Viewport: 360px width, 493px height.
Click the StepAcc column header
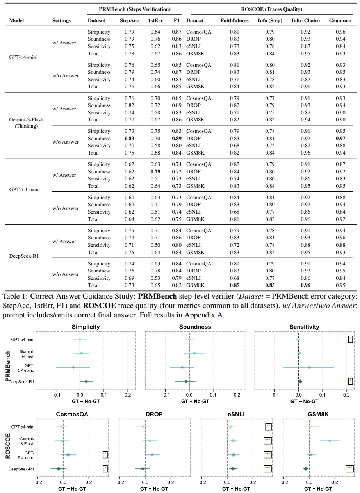pos(129,20)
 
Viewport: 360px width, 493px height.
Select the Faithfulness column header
pos(235,20)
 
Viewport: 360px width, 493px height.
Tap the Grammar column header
pos(340,20)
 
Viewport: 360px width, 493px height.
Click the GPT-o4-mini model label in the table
pos(23,57)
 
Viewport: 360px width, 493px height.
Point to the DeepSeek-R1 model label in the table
pos(24,256)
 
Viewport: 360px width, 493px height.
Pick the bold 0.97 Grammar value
pos(340,138)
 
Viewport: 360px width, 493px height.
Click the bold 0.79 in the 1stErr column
pos(155,171)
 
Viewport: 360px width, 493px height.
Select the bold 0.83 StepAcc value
pos(129,138)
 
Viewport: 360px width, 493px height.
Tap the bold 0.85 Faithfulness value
pos(235,285)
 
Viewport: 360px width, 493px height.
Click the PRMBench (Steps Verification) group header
pos(135,9)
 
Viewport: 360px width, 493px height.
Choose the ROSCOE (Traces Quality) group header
pos(271,9)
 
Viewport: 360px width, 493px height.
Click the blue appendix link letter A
pos(219,315)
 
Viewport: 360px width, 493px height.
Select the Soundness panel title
pos(195,327)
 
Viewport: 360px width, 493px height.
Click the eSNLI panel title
pos(236,414)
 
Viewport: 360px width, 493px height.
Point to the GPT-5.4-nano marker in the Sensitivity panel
pos(309,367)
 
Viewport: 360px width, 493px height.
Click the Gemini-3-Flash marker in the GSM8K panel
pos(330,441)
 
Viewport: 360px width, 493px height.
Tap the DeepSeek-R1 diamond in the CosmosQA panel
pos(59,469)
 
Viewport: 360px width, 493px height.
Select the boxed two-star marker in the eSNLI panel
pos(268,427)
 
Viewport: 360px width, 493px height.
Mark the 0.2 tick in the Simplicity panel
pos(128,395)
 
